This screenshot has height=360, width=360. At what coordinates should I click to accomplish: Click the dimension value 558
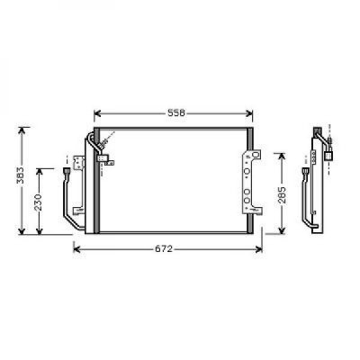click(x=176, y=113)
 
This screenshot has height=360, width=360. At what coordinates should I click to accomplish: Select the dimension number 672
click(x=164, y=248)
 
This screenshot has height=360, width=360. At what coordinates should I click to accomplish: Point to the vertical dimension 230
click(x=39, y=202)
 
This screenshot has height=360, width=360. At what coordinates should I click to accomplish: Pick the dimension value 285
click(x=282, y=195)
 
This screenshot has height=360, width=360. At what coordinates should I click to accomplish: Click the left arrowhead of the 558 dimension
click(x=97, y=113)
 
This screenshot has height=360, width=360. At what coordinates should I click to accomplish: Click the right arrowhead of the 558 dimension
click(x=249, y=113)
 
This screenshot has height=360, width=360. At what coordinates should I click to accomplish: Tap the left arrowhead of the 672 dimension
click(x=77, y=249)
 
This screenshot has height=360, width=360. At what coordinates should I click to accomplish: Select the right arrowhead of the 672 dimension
click(x=259, y=249)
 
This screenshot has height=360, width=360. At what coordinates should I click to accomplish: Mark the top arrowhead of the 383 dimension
click(x=22, y=130)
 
